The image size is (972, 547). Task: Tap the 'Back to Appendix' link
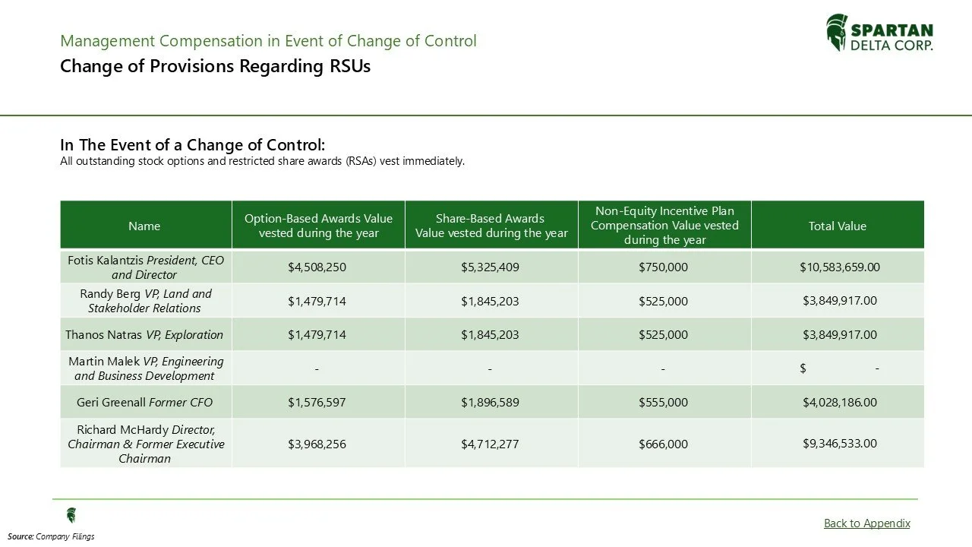point(866,523)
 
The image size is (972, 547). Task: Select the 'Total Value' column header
point(837,226)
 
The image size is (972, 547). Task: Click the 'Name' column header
point(144,226)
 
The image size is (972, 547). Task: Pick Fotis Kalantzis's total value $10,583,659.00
point(839,267)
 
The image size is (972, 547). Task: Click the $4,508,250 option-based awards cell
point(317,267)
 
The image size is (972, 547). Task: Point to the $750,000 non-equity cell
point(663,267)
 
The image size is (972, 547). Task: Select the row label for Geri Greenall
point(144,402)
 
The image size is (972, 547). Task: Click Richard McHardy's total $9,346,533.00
point(839,443)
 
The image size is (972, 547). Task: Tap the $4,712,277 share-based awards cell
point(490,444)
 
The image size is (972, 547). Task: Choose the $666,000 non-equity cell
point(663,444)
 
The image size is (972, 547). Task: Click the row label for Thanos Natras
point(144,334)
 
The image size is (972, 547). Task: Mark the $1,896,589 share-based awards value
point(490,402)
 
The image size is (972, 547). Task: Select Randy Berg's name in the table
point(144,301)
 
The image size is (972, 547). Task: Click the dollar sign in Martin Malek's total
point(803,368)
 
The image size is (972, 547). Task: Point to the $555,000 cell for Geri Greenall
point(663,402)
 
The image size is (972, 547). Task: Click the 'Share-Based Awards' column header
point(491,226)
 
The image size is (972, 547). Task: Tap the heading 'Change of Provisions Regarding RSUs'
point(215,66)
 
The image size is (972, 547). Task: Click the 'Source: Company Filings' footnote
point(51,536)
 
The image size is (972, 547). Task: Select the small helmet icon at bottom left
point(71,515)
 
